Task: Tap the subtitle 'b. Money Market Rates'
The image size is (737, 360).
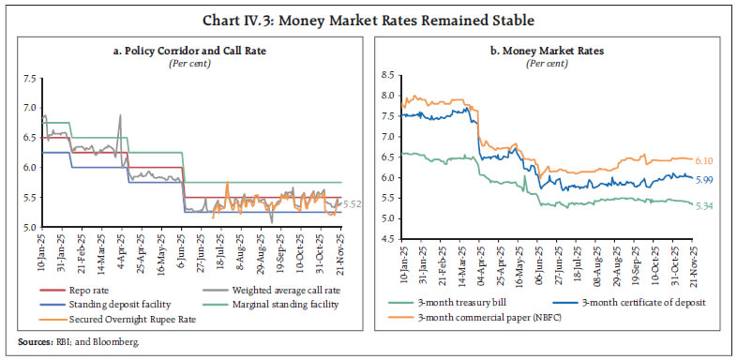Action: pos(555,47)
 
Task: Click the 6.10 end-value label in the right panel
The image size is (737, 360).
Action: pos(706,161)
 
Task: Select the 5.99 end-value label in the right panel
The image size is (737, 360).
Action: pos(706,179)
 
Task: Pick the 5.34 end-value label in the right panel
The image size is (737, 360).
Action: pos(706,204)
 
